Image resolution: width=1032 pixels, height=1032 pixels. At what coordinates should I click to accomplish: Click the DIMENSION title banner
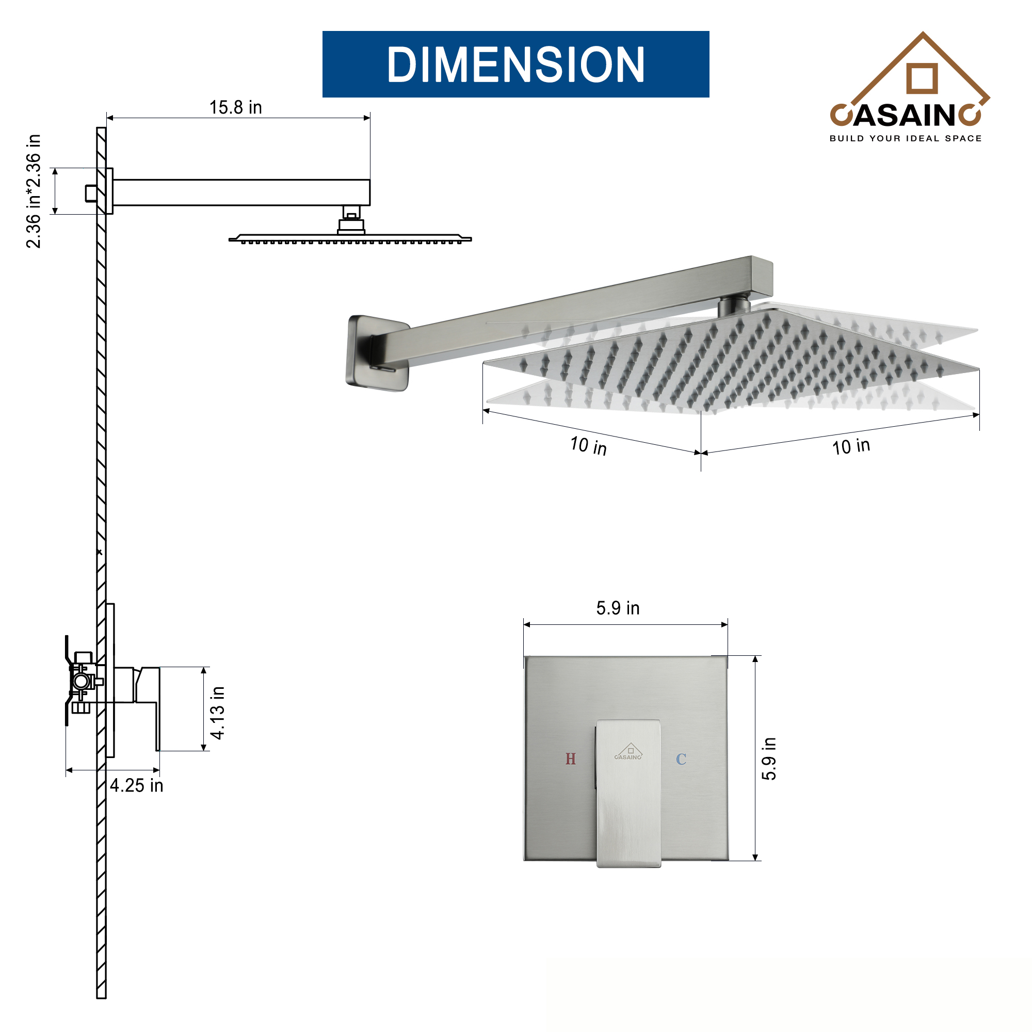pos(515,64)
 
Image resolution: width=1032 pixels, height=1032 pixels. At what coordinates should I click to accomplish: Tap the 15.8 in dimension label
pos(236,107)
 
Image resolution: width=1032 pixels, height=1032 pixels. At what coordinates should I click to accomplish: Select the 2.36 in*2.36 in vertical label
pos(34,191)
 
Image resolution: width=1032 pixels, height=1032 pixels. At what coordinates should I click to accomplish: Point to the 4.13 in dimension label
pos(218,713)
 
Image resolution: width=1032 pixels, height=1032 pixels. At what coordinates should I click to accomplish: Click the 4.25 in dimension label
pos(137,786)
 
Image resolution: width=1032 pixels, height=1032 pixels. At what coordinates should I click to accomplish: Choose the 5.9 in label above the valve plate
pos(618,608)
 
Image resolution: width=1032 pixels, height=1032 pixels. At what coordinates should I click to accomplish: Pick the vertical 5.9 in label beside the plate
pos(769,759)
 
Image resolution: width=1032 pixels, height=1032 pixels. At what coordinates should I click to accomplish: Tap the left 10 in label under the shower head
pos(588,445)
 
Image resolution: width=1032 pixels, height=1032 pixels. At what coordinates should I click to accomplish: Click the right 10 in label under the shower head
pos(851,446)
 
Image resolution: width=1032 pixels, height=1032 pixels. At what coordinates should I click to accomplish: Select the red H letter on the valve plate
pos(571,759)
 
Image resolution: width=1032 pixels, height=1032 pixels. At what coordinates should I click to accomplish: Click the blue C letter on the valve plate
pos(681,759)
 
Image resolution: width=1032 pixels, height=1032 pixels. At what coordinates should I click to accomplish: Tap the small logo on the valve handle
pos(628,752)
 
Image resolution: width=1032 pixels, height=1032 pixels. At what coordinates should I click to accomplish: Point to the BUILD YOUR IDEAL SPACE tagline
pos(906,138)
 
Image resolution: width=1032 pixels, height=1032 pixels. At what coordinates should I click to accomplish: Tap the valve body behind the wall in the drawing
pos(83,682)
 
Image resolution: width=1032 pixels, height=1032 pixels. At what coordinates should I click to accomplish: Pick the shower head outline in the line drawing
pos(350,238)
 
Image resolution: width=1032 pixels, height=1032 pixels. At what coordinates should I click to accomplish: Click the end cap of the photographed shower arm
pos(762,277)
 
